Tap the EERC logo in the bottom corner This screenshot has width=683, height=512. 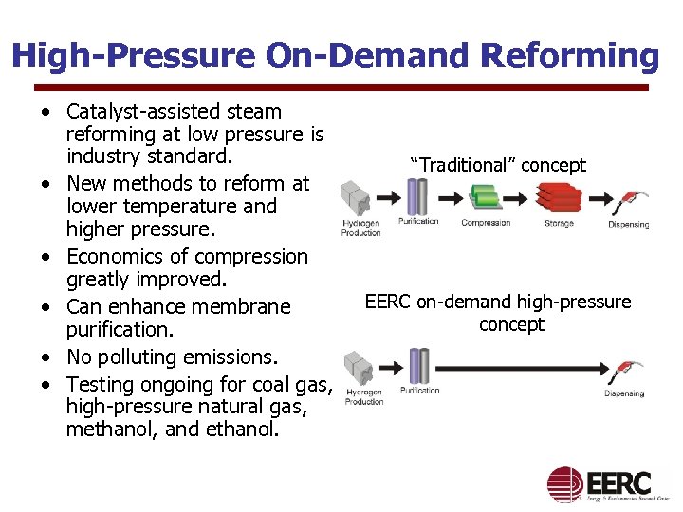coord(607,484)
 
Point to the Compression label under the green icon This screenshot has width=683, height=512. coord(486,223)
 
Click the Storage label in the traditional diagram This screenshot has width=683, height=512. coord(559,223)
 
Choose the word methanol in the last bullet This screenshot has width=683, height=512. coord(104,430)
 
